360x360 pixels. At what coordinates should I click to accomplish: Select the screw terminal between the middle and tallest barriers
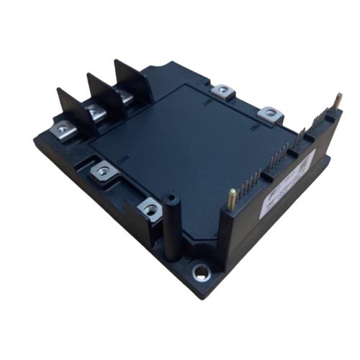tap(125, 94)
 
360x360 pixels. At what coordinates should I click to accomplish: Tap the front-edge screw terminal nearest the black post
tap(150, 210)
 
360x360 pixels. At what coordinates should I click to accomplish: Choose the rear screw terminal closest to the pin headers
tap(269, 112)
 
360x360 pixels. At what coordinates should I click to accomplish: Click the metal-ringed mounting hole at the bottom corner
tap(201, 273)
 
